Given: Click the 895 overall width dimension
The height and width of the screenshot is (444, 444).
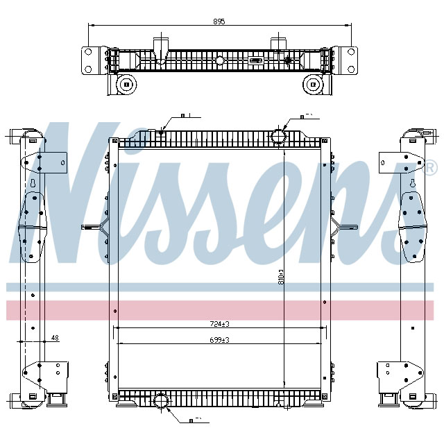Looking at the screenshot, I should [219, 22].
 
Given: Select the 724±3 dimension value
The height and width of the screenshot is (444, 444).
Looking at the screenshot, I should [219, 323].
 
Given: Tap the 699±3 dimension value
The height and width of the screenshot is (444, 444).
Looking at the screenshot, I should [219, 339].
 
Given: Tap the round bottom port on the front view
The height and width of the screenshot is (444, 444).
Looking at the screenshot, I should [161, 402].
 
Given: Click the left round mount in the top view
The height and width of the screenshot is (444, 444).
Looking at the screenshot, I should [126, 85].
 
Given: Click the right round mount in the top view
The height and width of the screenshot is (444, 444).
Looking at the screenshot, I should [314, 85].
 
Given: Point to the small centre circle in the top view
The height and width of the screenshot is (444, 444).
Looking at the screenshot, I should [220, 61].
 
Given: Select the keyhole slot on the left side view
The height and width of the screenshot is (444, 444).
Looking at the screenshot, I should [33, 185].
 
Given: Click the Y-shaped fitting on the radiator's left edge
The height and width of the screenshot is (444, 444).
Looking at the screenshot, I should [103, 225].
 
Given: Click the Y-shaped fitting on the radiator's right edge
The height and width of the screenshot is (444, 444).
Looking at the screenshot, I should [336, 225].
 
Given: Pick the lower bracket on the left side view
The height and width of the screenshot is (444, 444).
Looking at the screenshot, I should [43, 378].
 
